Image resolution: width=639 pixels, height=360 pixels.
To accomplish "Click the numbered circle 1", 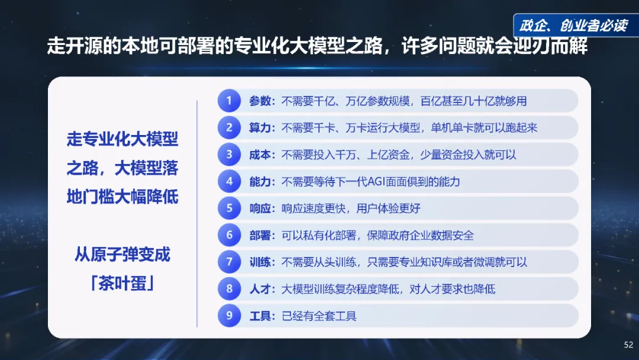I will (230, 101).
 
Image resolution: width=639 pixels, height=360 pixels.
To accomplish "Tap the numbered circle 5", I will (230, 208).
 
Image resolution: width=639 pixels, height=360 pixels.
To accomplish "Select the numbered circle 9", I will (230, 316).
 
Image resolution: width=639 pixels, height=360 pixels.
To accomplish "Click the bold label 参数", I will (260, 101).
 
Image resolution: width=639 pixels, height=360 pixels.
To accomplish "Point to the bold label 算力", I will (260, 128).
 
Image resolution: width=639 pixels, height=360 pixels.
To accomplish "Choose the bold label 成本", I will (260, 155).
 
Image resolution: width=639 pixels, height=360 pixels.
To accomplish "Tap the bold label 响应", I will (260, 208).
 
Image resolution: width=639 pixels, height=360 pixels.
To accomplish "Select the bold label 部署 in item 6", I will (260, 235).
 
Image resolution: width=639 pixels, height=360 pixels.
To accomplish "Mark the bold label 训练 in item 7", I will (260, 262).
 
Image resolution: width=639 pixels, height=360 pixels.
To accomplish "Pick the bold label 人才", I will (260, 289).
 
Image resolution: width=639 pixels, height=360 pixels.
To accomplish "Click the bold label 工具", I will (260, 316).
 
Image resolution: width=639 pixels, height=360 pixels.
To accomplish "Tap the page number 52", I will (628, 345).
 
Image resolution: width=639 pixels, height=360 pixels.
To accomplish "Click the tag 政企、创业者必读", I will (573, 25).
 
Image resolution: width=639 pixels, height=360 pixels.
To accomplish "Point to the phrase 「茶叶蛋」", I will (122, 284).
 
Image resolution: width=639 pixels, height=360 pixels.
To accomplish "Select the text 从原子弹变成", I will (122, 255).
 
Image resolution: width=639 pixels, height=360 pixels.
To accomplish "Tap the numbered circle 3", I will (230, 155).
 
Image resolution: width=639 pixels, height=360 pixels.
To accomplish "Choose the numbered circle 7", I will (230, 262).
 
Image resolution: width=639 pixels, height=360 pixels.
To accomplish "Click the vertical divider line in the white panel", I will (196, 213).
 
